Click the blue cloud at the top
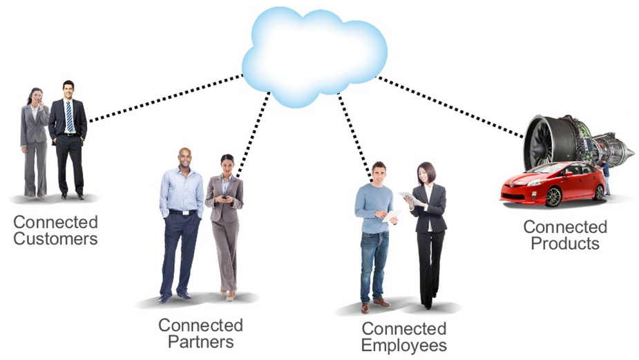[x=314, y=55]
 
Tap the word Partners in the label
[x=200, y=341]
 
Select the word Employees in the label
[x=403, y=345]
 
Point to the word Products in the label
[x=564, y=243]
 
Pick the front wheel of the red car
[x=553, y=197]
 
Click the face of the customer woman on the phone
[x=35, y=96]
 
